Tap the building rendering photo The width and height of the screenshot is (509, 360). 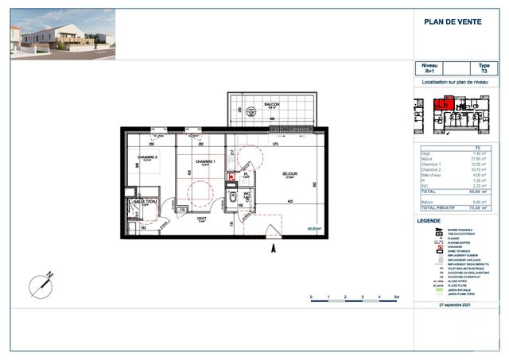(62, 34)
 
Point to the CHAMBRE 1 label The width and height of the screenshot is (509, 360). (208, 161)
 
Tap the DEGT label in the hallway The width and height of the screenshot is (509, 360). (202, 219)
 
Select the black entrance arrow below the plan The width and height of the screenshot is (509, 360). (273, 249)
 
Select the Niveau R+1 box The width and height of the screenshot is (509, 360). (429, 68)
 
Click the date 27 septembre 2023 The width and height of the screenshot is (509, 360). (454, 304)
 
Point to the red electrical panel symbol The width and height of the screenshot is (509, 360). (231, 177)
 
